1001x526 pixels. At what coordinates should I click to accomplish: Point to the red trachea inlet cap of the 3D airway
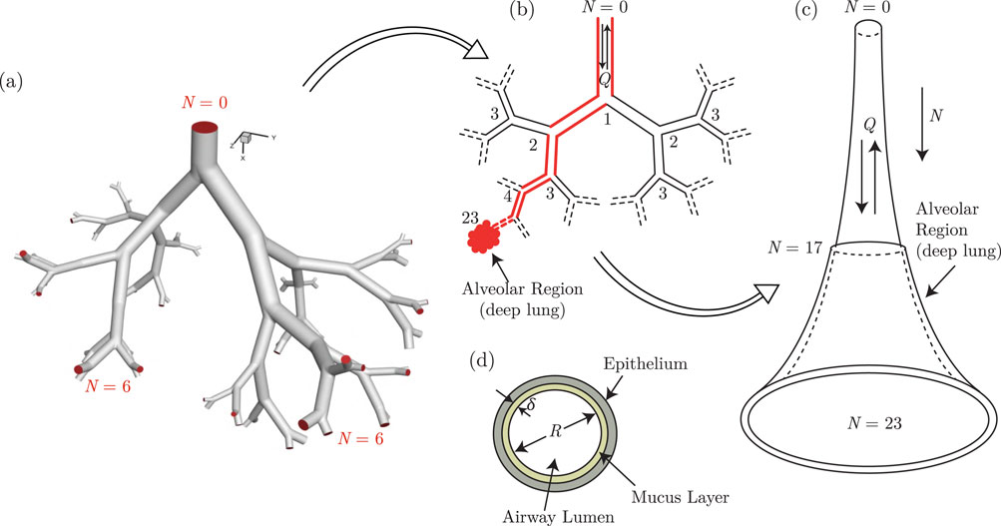[x=206, y=127]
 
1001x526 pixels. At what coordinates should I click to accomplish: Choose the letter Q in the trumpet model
[x=870, y=125]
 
